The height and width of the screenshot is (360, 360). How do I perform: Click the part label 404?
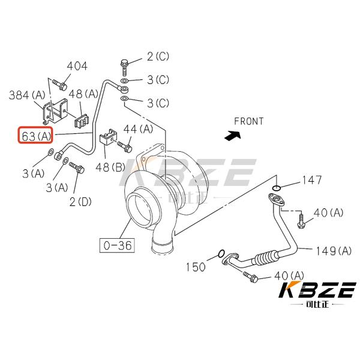click(x=77, y=66)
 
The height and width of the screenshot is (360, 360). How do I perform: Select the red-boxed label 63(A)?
click(x=37, y=136)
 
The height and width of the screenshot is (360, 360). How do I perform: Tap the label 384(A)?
click(x=26, y=94)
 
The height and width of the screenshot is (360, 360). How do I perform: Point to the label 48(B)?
click(x=110, y=166)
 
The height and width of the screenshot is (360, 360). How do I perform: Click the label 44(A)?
click(x=139, y=128)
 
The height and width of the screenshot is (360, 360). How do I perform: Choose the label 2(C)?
click(x=158, y=57)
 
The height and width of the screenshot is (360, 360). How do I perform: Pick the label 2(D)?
click(x=80, y=202)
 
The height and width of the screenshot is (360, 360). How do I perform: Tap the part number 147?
click(x=311, y=179)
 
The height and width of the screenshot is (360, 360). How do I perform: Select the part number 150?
click(x=195, y=266)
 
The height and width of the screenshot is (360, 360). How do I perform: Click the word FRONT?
click(x=248, y=121)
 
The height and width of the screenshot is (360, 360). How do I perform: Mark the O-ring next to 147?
click(x=275, y=190)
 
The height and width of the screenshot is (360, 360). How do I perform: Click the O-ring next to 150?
click(x=221, y=253)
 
